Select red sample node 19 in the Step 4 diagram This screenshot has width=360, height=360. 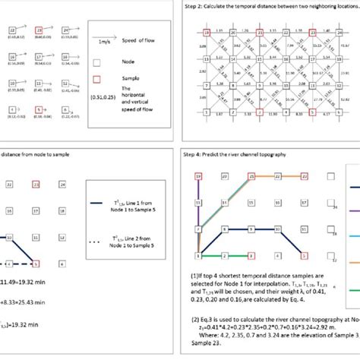coord(198,175)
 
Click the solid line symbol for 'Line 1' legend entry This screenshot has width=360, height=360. coord(84,203)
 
